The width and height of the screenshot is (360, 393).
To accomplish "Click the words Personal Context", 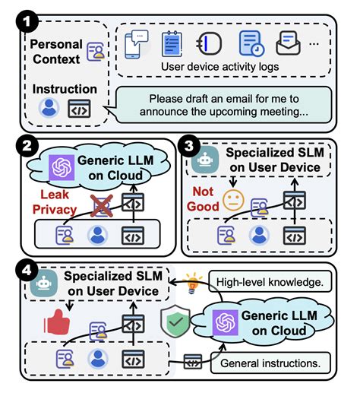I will click(55, 52).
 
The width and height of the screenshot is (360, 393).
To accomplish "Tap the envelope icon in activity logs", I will click(288, 43).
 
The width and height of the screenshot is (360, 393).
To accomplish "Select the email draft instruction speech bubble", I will click(223, 106).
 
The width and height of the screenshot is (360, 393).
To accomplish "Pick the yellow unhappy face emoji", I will click(232, 201).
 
